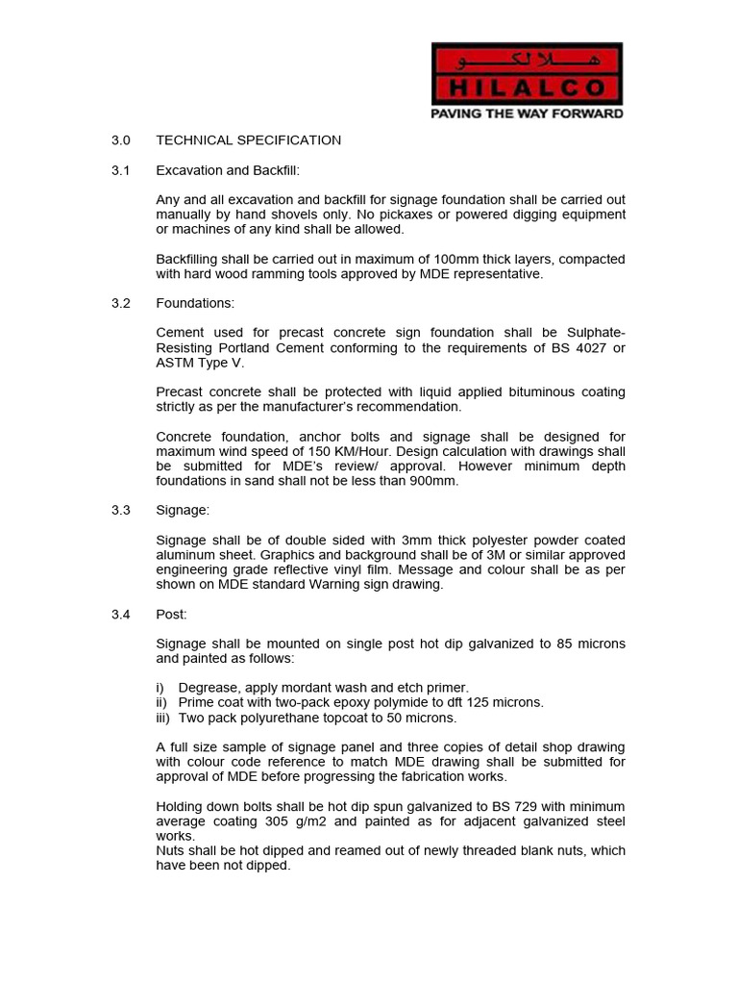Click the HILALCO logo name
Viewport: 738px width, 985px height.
[x=528, y=89]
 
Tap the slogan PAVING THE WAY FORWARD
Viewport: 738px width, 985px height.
[x=528, y=114]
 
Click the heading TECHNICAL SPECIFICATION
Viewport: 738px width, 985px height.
[x=248, y=140]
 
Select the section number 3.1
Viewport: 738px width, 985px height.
[x=120, y=170]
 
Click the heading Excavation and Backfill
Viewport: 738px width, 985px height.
[x=228, y=170]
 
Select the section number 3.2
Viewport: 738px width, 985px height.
[x=120, y=303]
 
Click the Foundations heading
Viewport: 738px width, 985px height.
[x=195, y=303]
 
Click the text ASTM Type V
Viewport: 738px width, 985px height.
[x=200, y=363]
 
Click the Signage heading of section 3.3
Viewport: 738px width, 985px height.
[x=184, y=511]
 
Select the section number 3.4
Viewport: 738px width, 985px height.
[x=120, y=614]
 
